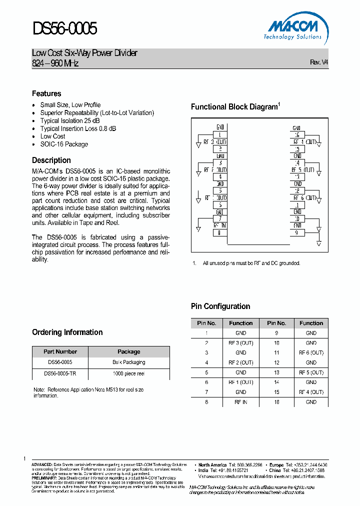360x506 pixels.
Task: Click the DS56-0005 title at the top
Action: pos(64,29)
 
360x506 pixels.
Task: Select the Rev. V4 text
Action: pos(319,62)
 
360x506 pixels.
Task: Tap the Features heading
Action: pos(46,93)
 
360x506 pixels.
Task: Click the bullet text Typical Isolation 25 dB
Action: pos(69,120)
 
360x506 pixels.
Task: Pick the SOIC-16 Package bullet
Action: pos(64,144)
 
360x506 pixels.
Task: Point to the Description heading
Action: pos(51,160)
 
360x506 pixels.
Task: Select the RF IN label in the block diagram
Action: pos(220,225)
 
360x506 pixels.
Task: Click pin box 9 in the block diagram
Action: pos(297,232)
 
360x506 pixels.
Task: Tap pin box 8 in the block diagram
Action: pos(220,232)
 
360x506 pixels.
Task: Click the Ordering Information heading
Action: pos(67,332)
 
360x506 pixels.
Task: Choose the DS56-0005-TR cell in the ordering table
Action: pos(60,373)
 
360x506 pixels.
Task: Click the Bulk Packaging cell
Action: pos(128,362)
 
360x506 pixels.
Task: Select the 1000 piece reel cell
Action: pos(128,373)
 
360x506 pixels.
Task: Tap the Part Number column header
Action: pos(60,351)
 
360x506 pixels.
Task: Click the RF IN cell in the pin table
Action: pos(240,402)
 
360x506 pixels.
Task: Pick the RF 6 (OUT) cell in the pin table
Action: pos(311,352)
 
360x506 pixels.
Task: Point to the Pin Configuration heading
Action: pos(220,306)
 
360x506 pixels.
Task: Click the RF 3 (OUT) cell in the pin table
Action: pos(240,343)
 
